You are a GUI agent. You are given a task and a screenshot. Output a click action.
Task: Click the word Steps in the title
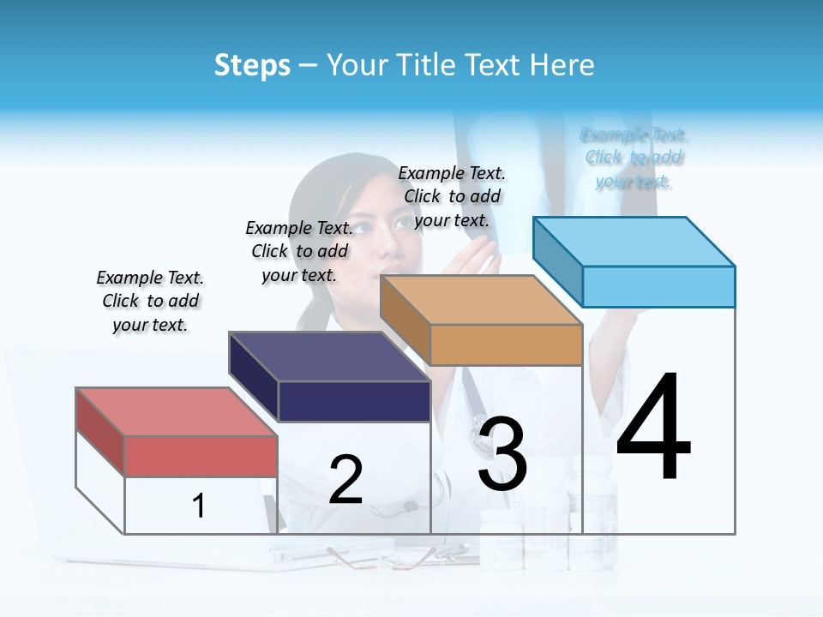pyautogui.click(x=252, y=65)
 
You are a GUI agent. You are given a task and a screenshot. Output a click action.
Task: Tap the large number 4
pyautogui.click(x=653, y=428)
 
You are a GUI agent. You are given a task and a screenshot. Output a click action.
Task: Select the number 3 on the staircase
pyautogui.click(x=502, y=454)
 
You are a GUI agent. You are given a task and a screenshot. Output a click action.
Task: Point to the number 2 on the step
pyautogui.click(x=345, y=480)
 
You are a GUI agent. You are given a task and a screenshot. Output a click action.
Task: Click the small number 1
pyautogui.click(x=198, y=506)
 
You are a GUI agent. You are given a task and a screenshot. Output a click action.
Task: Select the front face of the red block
pyautogui.click(x=201, y=456)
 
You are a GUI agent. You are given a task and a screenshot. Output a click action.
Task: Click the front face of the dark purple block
pyautogui.click(x=354, y=401)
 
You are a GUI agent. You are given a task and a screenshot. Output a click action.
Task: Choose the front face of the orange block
pyautogui.click(x=506, y=344)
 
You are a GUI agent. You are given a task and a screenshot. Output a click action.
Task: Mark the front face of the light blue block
pyautogui.click(x=658, y=286)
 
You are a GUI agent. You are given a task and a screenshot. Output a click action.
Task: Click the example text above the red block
pyautogui.click(x=150, y=301)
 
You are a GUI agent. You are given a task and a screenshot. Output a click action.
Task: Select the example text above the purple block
pyautogui.click(x=299, y=251)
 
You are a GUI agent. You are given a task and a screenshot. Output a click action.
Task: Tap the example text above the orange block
pyautogui.click(x=452, y=196)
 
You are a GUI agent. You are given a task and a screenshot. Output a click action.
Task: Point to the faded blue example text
pyautogui.click(x=634, y=158)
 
